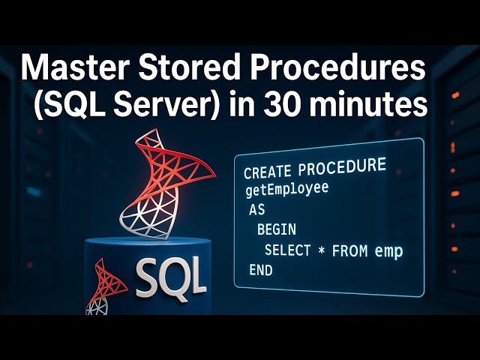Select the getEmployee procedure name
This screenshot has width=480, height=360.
(286, 189)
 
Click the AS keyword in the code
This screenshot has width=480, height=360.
(257, 209)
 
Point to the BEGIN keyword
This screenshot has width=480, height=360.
(276, 229)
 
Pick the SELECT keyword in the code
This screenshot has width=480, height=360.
(287, 250)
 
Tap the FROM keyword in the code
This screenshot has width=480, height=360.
(349, 251)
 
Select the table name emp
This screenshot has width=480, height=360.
(389, 250)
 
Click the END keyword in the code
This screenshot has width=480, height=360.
(260, 271)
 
